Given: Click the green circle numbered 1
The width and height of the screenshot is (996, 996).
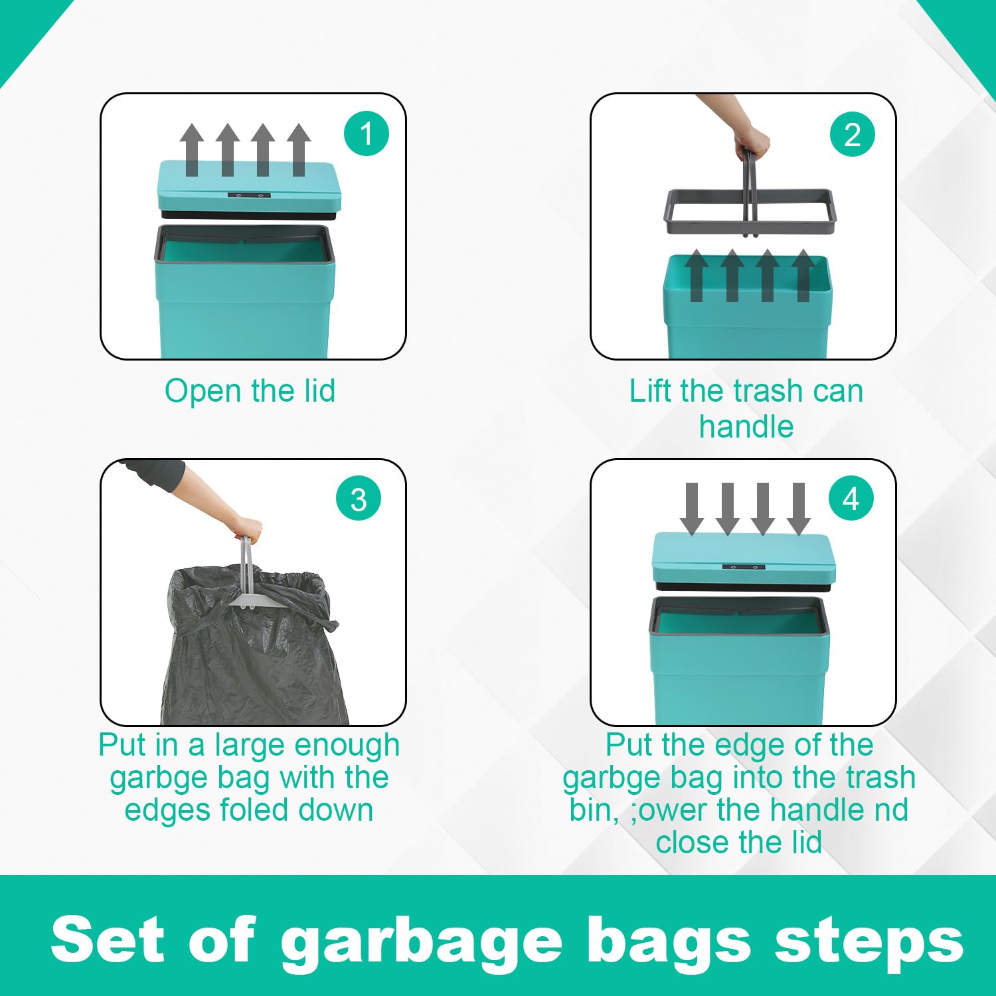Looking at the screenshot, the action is click(366, 133).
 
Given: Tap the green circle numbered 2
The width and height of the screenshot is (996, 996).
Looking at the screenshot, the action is click(853, 134).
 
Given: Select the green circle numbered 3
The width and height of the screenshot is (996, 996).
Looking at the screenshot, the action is click(359, 499).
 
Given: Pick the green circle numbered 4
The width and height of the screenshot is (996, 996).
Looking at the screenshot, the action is click(851, 499).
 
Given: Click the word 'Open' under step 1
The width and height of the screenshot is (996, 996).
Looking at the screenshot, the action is click(204, 392).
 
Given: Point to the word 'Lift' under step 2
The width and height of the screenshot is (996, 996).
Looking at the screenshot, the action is click(651, 390).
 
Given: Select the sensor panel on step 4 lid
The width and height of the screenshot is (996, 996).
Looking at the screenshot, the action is click(744, 567).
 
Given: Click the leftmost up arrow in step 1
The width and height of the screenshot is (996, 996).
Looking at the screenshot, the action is click(192, 149).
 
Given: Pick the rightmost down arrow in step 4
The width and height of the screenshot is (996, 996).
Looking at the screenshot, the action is click(798, 509).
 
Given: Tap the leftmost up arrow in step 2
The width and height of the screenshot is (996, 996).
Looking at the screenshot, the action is click(697, 275).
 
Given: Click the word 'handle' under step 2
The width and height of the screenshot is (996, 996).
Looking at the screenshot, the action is click(746, 426).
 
